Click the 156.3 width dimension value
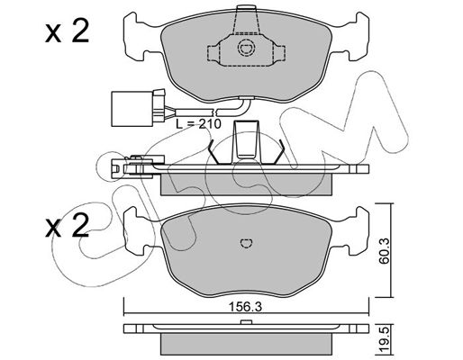246,307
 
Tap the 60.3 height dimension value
384,251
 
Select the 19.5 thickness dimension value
385,340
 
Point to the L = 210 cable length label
198,123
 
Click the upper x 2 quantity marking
68,31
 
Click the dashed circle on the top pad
247,48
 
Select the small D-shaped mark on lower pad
247,243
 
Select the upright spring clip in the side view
246,141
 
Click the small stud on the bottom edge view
246,322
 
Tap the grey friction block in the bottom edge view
246,345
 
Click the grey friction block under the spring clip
246,184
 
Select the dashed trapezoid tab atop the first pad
247,20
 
